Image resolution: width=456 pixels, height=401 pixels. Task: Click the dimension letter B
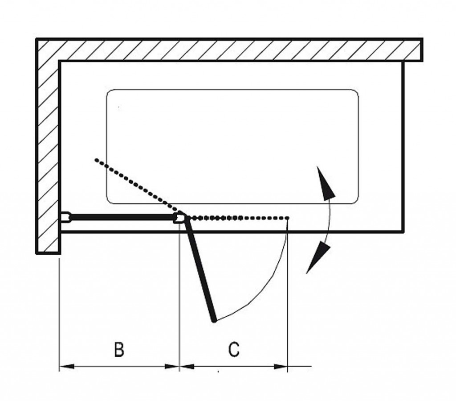point(118,349)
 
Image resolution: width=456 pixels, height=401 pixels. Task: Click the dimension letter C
point(234,349)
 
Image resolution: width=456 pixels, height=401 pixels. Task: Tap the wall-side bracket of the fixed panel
point(65,217)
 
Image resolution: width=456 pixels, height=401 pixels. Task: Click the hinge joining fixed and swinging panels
point(180,218)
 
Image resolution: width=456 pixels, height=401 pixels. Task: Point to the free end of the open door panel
point(215,319)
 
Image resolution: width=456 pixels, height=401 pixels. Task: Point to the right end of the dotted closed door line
point(288,218)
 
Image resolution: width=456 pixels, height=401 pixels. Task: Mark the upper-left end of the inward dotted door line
point(96,159)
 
